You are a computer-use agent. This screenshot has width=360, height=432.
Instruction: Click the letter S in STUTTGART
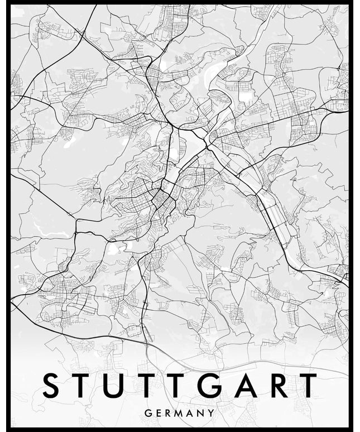(52, 386)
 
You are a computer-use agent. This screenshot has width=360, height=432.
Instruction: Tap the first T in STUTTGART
(81, 386)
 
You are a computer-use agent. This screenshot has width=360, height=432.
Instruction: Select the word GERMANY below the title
(179, 414)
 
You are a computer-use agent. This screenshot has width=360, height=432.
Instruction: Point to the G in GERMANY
(147, 414)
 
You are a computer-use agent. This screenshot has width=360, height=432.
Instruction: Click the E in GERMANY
(158, 414)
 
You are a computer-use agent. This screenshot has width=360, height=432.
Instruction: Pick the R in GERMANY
(168, 414)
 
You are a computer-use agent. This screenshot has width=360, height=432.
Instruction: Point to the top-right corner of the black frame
(351, 3)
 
